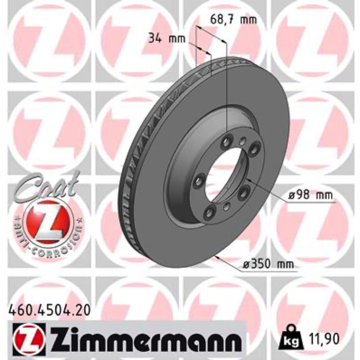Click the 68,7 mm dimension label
point(233,20)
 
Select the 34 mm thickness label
point(167,38)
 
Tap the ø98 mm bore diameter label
point(310,195)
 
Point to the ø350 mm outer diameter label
point(268,264)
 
